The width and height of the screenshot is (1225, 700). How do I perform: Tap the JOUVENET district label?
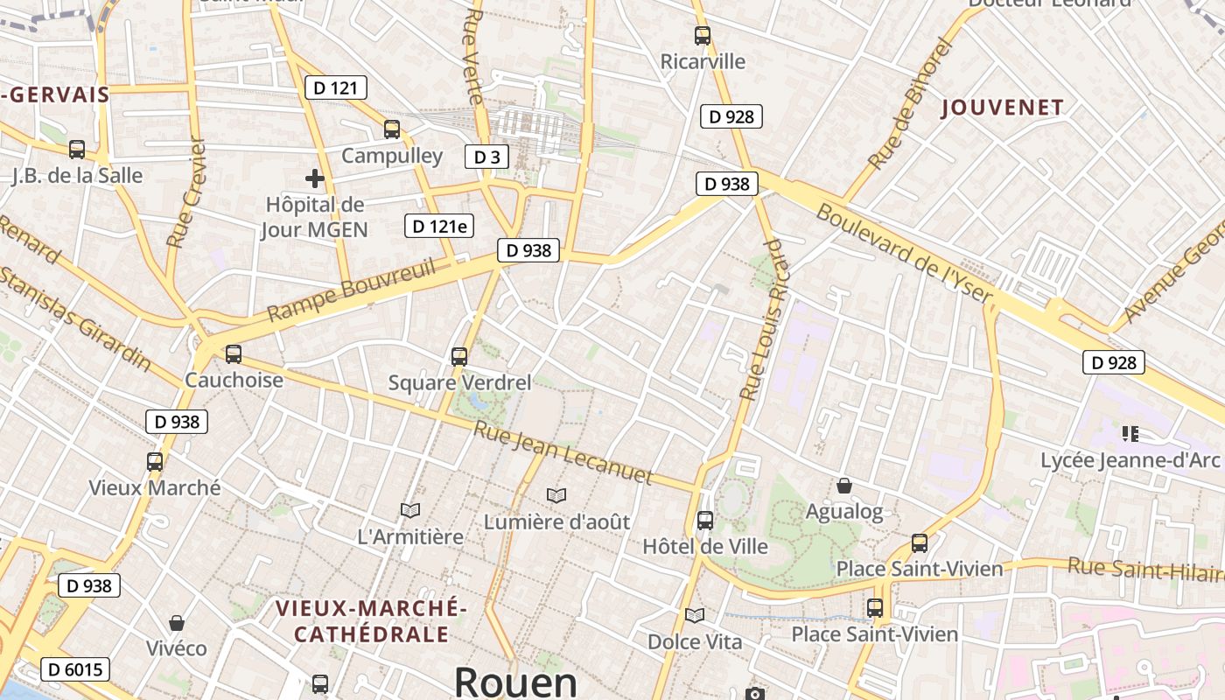pyautogui.click(x=1003, y=108)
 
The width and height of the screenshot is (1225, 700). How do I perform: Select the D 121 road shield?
pyautogui.click(x=335, y=87)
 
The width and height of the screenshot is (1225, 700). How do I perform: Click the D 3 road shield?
pyautogui.click(x=486, y=157)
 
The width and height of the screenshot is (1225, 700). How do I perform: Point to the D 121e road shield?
pyautogui.click(x=439, y=226)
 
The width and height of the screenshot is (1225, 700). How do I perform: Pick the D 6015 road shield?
pyautogui.click(x=75, y=670)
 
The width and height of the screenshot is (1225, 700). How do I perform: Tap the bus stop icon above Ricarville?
pyautogui.click(x=703, y=36)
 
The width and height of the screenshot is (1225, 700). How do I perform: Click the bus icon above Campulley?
pyautogui.click(x=392, y=129)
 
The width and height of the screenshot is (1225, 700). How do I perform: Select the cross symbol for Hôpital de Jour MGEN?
pyautogui.click(x=315, y=178)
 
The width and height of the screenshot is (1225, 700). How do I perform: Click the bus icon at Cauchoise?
pyautogui.click(x=234, y=354)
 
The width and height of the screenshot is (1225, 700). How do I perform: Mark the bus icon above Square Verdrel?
pyautogui.click(x=459, y=356)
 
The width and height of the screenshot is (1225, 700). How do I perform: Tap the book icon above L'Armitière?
pyautogui.click(x=410, y=510)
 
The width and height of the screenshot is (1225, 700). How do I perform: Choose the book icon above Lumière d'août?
pyautogui.click(x=556, y=495)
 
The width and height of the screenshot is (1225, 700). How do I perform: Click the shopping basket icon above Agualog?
pyautogui.click(x=844, y=485)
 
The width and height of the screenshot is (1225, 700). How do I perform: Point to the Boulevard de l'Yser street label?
pyautogui.click(x=905, y=255)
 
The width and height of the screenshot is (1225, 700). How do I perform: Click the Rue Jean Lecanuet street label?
pyautogui.click(x=563, y=452)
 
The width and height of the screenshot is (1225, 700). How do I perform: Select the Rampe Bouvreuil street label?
pyautogui.click(x=351, y=290)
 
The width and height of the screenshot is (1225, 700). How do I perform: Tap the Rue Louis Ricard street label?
pyautogui.click(x=763, y=319)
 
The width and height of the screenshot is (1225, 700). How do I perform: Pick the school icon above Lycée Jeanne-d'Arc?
pyautogui.click(x=1130, y=433)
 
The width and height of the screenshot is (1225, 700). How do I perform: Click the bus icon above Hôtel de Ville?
pyautogui.click(x=704, y=521)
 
